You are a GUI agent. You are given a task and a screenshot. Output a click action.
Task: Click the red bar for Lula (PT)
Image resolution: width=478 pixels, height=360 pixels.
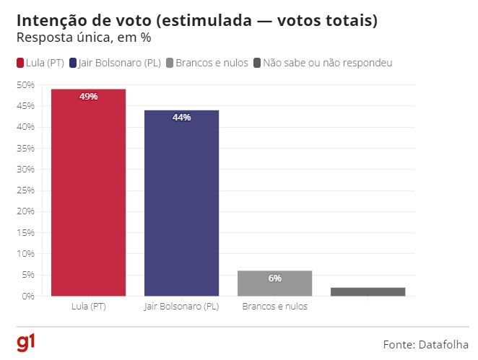(88, 195)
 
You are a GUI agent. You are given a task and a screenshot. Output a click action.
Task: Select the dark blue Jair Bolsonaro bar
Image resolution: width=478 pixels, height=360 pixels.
(181, 206)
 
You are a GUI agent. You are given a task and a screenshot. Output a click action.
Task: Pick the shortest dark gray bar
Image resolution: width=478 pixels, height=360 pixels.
(368, 291)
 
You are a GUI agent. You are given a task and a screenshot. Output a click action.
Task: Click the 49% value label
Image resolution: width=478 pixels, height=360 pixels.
(89, 97)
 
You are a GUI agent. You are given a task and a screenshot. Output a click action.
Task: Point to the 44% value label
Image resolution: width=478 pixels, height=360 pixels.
(182, 118)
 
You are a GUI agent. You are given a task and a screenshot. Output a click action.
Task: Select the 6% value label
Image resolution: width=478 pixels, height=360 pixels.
(275, 278)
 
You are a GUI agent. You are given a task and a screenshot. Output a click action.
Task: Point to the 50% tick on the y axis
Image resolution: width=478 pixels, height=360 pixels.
(25, 84)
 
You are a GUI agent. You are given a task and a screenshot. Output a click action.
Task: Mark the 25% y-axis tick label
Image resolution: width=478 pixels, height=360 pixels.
(25, 190)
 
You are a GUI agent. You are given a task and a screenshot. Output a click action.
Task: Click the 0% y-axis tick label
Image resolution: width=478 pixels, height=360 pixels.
(27, 297)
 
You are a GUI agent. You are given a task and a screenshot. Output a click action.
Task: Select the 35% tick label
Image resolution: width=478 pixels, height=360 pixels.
(25, 148)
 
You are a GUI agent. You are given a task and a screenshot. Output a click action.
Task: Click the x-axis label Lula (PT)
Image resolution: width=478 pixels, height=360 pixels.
(88, 307)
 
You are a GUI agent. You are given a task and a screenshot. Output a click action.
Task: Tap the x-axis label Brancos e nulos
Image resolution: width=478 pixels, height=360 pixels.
(274, 307)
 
